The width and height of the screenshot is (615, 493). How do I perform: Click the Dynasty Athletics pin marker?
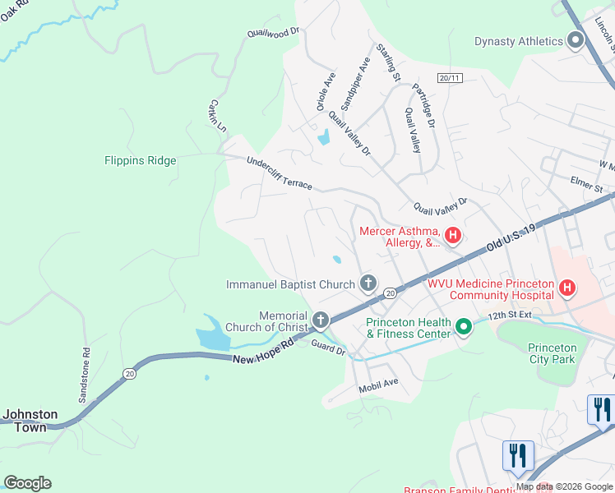pos(576,42)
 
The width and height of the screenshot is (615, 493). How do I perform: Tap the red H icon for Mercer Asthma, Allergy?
pos(453,237)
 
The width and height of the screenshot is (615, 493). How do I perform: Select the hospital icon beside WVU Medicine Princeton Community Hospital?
pos(566,288)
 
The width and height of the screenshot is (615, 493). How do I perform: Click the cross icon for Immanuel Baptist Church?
pos(368,284)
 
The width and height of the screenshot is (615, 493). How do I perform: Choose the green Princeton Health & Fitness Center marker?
pos(464,328)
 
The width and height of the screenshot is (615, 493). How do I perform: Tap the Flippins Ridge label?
pos(141,161)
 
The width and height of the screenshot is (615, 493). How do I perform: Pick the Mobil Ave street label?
pos(377,383)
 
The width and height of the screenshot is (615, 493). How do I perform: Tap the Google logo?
pos(28,483)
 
